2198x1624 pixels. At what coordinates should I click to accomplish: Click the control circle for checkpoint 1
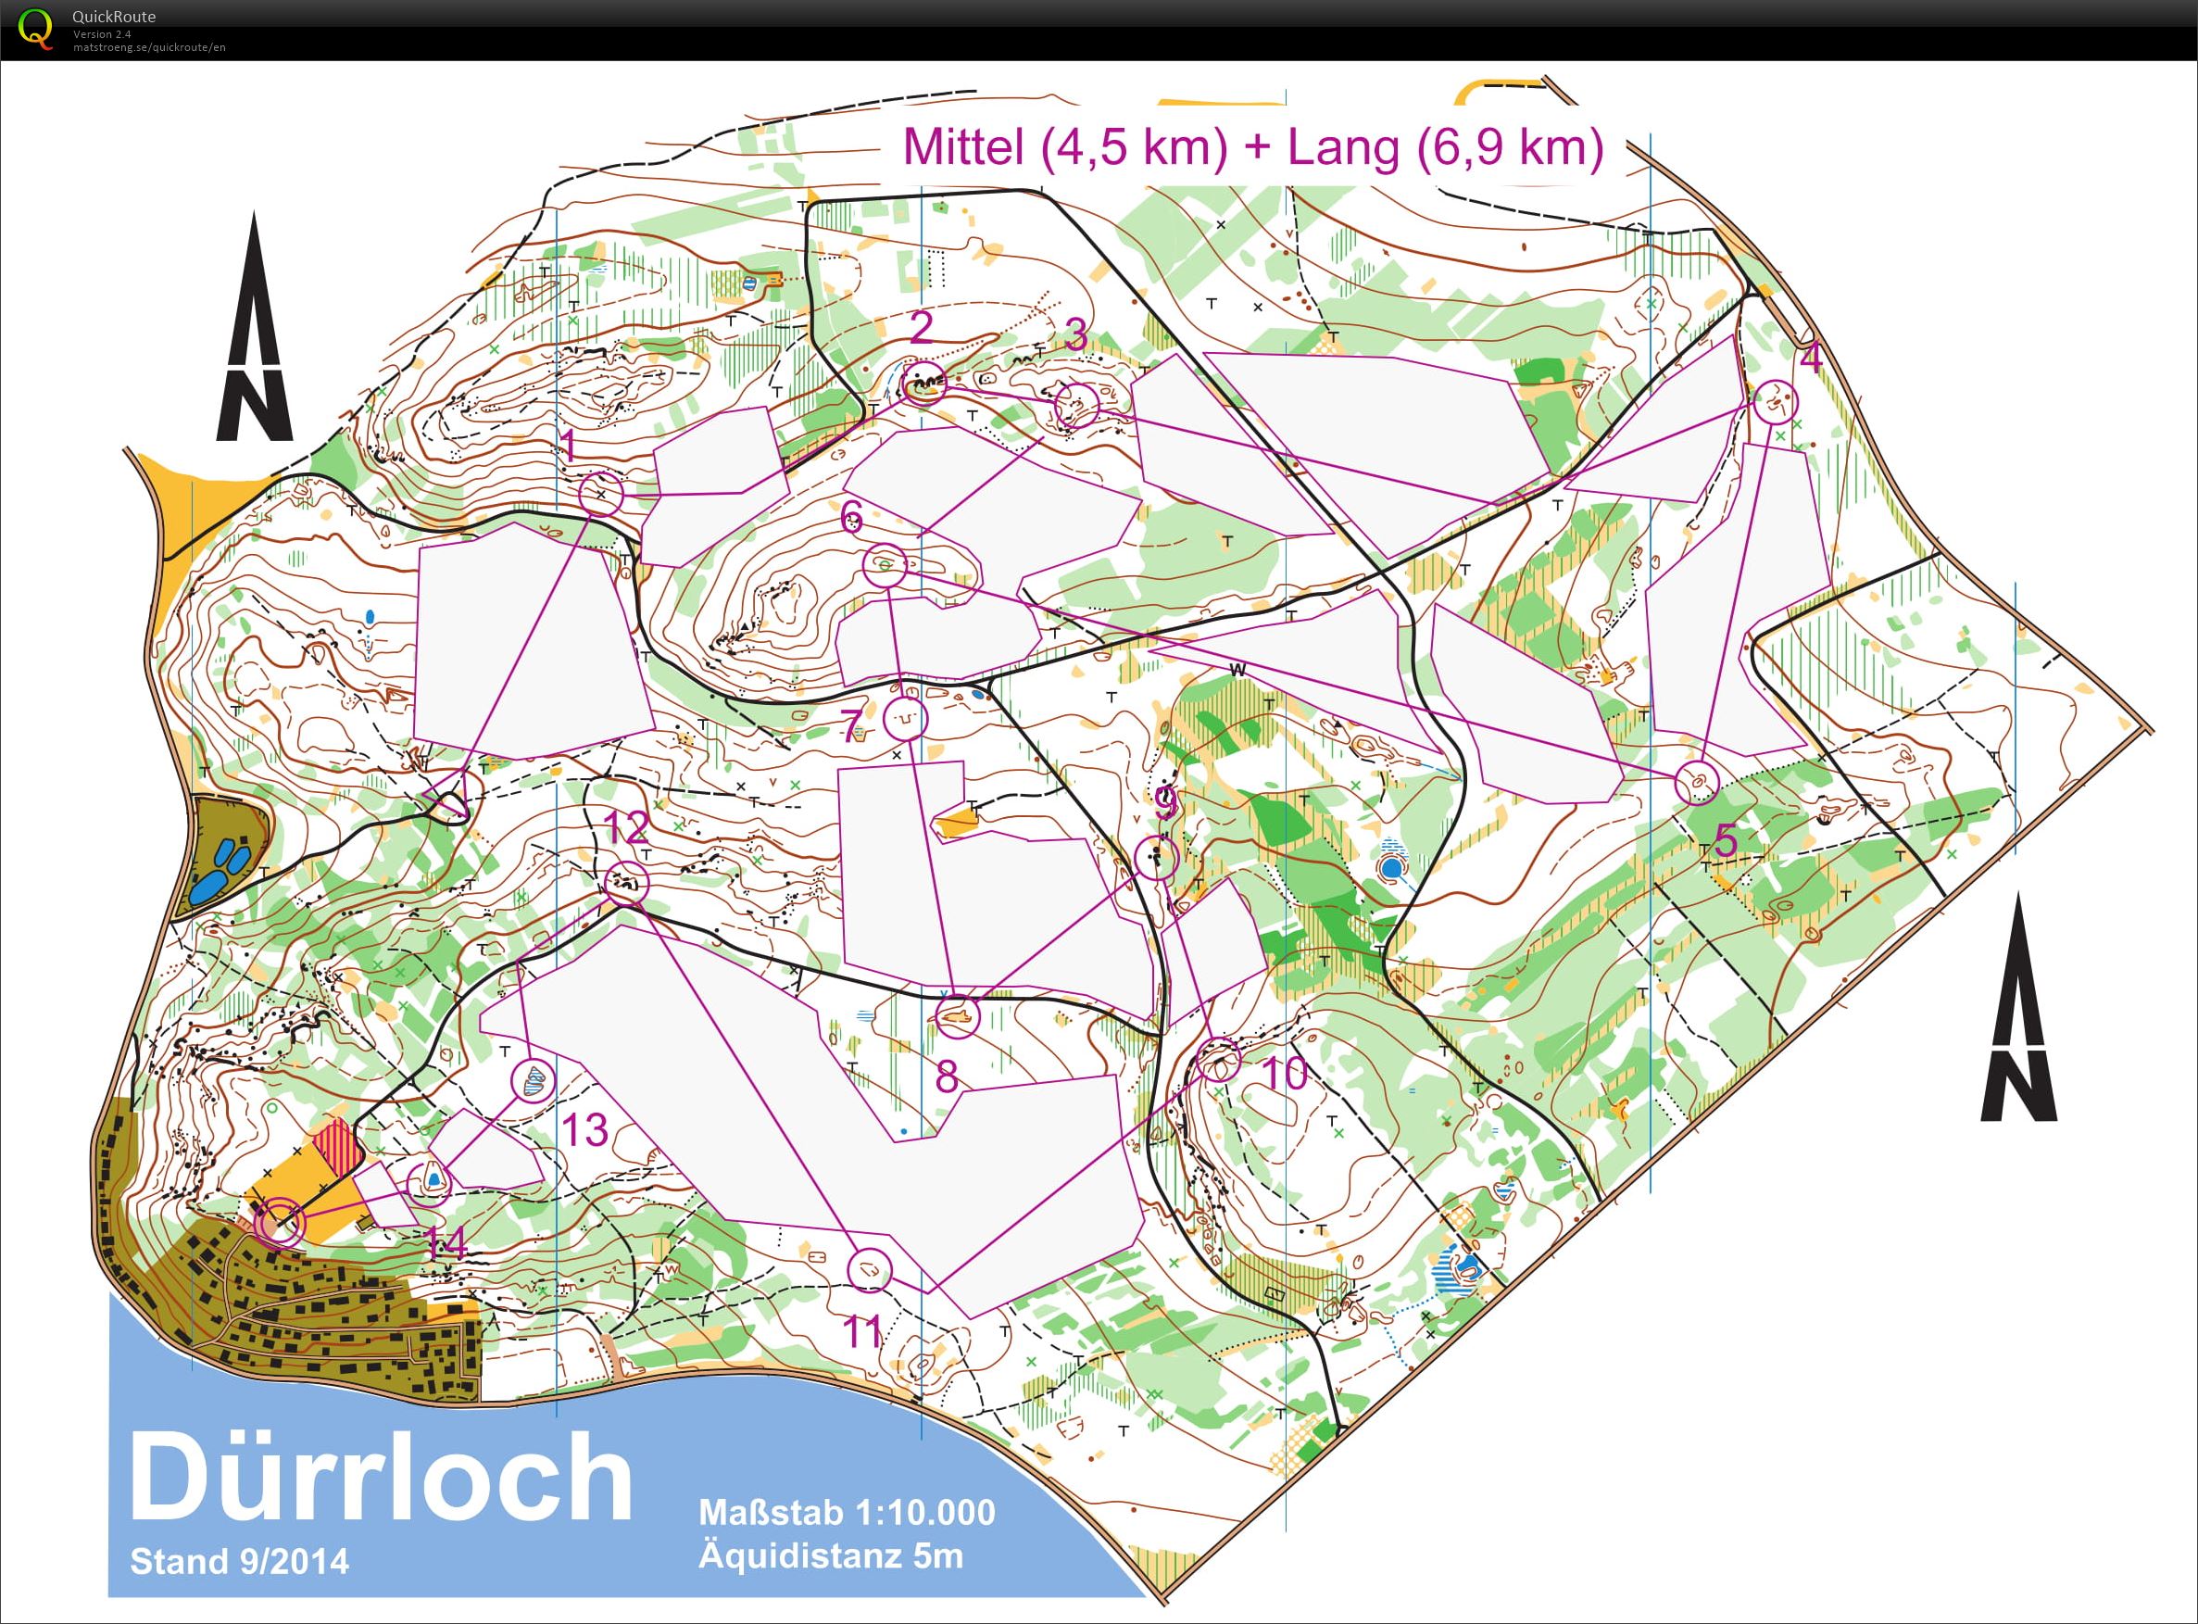click(x=601, y=494)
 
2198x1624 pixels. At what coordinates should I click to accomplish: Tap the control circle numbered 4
click(x=1776, y=401)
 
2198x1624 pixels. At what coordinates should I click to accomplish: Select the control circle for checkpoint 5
click(x=1696, y=783)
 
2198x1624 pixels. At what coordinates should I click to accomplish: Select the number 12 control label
click(x=626, y=827)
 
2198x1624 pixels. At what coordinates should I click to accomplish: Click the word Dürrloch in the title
click(x=382, y=1479)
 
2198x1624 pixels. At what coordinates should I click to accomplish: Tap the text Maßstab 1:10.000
click(x=847, y=1511)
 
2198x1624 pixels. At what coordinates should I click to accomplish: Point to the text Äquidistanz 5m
click(x=831, y=1555)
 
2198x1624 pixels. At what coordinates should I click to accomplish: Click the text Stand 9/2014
click(x=239, y=1561)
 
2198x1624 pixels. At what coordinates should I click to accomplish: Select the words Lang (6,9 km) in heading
click(x=1445, y=147)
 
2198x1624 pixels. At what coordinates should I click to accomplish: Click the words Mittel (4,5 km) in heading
click(x=1064, y=147)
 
